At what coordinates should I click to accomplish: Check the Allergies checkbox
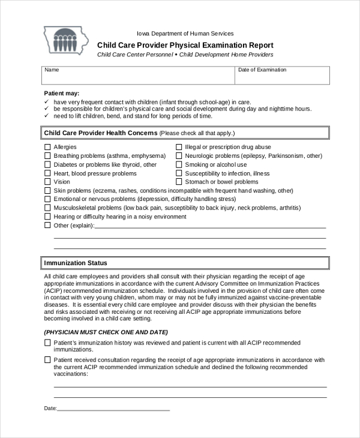[47, 147]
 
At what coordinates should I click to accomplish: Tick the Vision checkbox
[47, 182]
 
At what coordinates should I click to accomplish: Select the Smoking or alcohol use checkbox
[179, 164]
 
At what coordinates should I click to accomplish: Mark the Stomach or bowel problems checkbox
[179, 182]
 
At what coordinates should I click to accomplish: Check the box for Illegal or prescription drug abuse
[179, 147]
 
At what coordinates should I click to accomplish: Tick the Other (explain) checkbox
[47, 226]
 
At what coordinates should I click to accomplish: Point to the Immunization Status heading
[76, 263]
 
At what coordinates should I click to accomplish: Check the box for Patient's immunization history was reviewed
[47, 343]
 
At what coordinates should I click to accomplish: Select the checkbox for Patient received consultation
[47, 360]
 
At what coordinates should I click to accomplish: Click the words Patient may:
[62, 93]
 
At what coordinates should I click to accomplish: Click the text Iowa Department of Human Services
[185, 34]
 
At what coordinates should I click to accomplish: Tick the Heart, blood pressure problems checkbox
[47, 173]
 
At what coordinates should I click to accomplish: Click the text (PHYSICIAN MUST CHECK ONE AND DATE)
[106, 332]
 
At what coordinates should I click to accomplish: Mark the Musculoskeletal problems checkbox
[47, 208]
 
